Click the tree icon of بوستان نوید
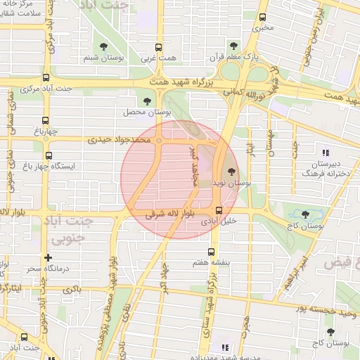point(231,170)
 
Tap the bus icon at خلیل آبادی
point(219,210)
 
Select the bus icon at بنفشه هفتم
point(211,252)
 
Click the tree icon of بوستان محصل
point(147,101)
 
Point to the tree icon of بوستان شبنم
point(104,46)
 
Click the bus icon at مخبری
point(262,18)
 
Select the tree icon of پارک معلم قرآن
point(243,45)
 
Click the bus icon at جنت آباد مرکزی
point(46,78)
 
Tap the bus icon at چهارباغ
point(46,120)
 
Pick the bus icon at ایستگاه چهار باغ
point(49,156)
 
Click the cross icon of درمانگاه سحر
point(48,258)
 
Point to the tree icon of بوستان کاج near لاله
point(304,214)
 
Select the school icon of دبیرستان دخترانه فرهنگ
point(325,152)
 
